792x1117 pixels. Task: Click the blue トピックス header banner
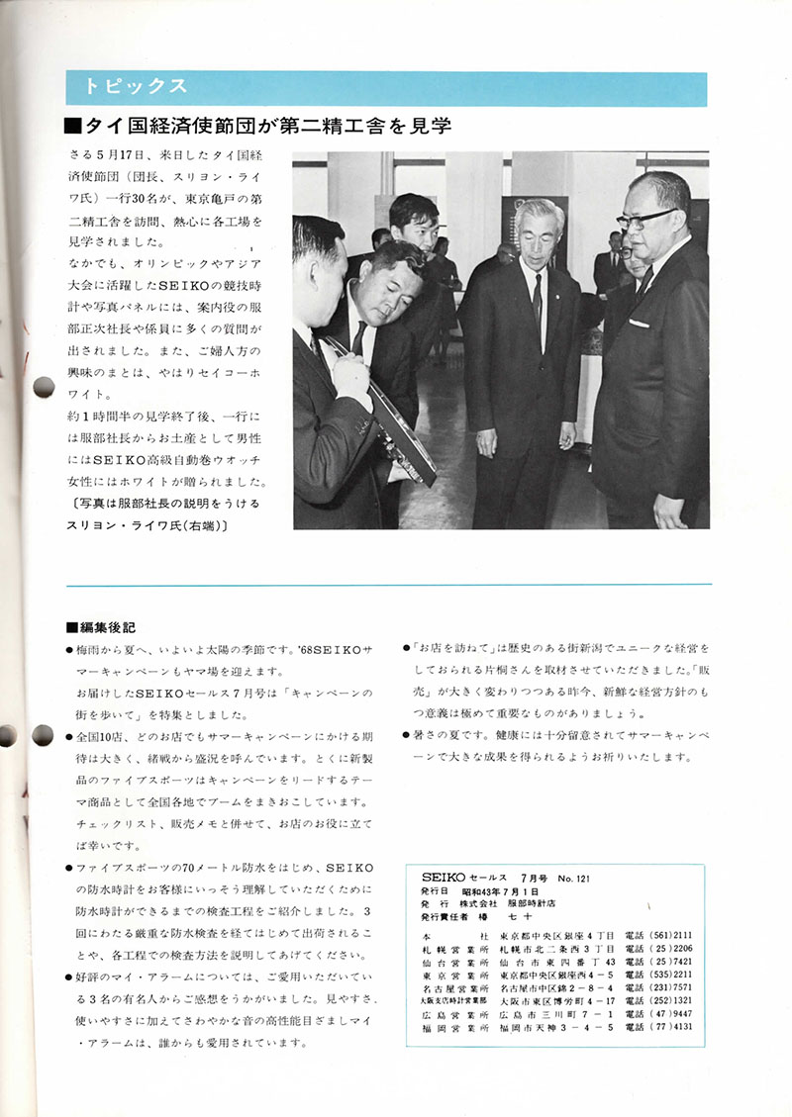point(385,88)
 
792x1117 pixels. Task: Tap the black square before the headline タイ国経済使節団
point(70,127)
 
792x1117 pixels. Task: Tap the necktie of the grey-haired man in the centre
point(536,297)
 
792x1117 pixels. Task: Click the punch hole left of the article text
point(42,386)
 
